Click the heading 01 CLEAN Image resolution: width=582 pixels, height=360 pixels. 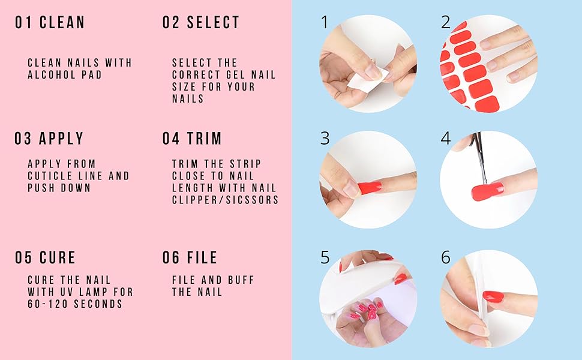[50, 23]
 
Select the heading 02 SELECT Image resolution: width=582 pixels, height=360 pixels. [201, 23]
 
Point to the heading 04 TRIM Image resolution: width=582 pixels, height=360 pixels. [192, 139]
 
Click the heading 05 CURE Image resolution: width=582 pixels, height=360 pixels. [46, 258]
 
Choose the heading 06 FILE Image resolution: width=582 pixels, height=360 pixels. [190, 258]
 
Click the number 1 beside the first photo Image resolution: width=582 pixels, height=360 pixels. [325, 23]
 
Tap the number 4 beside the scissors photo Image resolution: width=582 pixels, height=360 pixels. [446, 139]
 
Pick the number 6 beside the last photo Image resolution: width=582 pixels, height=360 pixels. [446, 258]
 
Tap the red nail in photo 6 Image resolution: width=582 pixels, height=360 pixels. [493, 296]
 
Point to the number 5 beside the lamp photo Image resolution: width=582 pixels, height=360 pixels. [325, 258]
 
